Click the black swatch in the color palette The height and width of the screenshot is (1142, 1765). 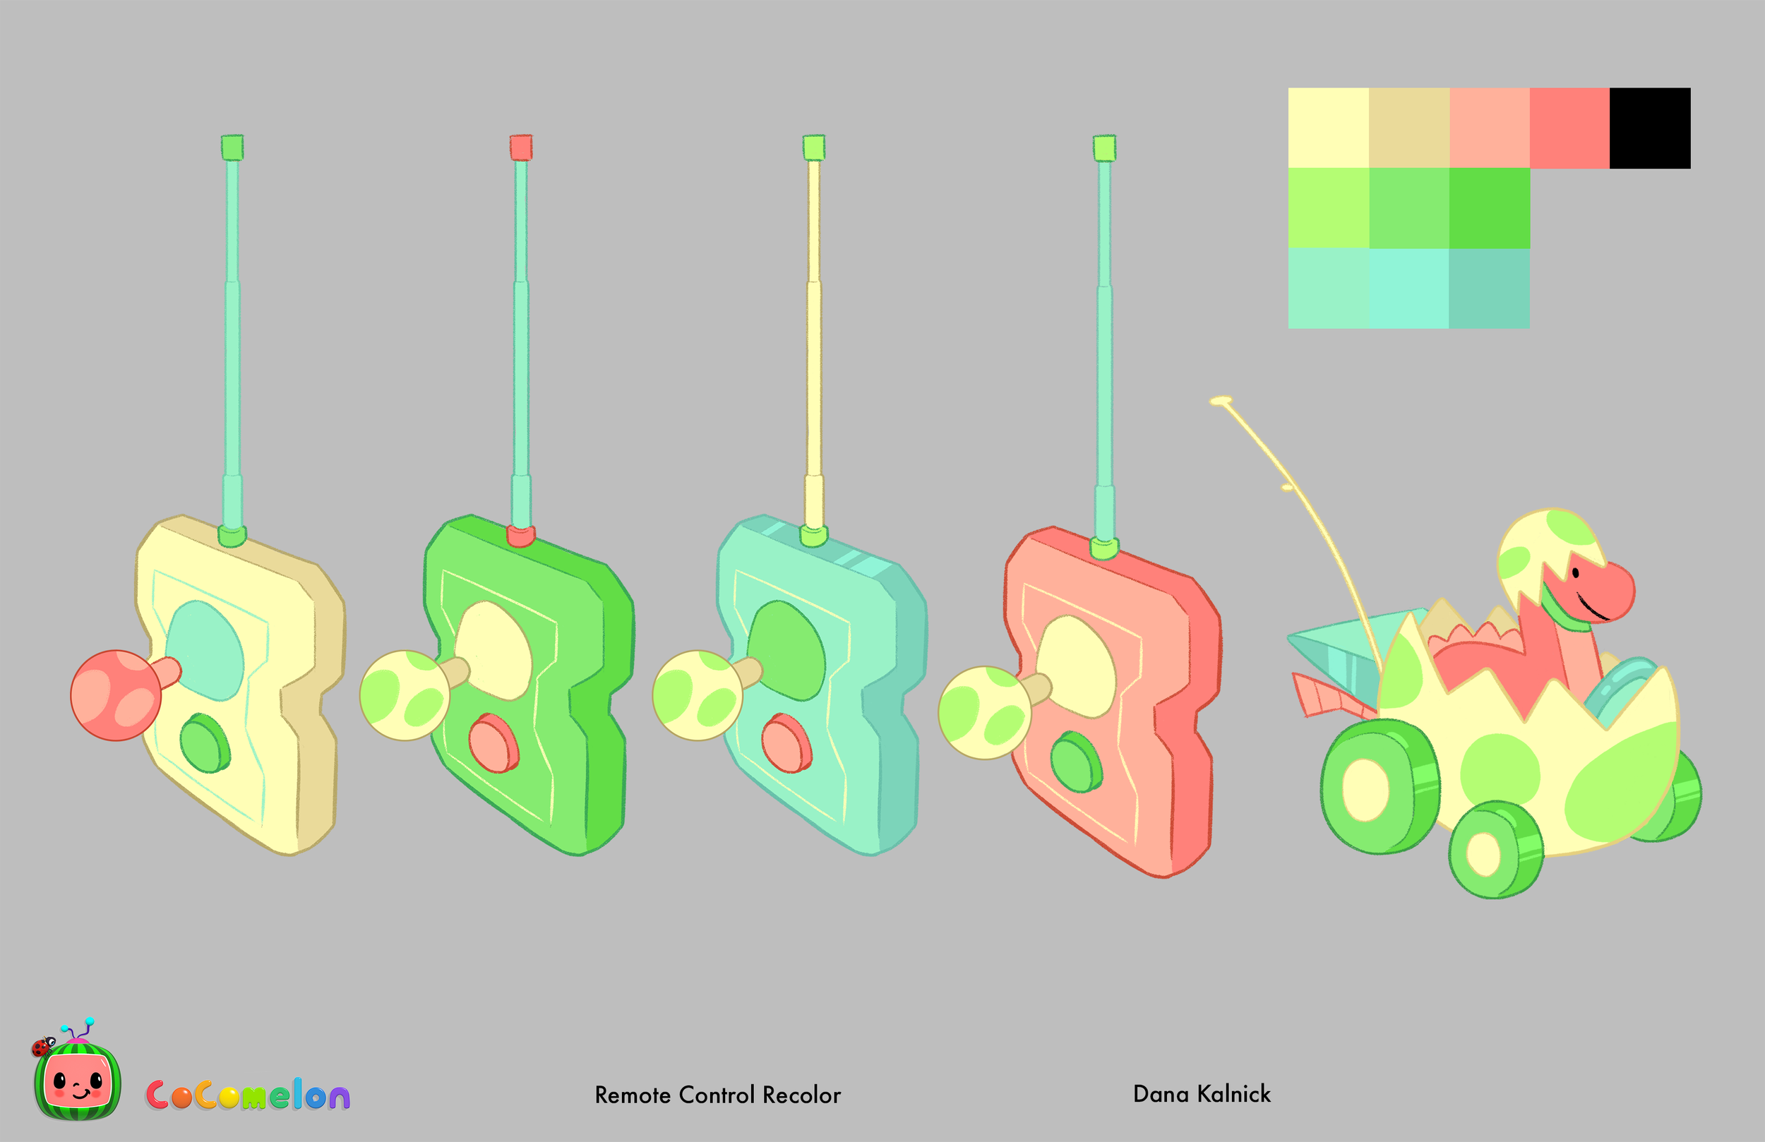tap(1650, 128)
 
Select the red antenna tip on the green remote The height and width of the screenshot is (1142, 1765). tap(521, 147)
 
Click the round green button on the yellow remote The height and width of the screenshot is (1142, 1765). tap(205, 743)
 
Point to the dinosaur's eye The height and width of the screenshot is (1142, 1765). tap(1576, 573)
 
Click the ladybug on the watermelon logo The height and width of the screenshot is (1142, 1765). tap(42, 1046)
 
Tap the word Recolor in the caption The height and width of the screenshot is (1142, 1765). tap(802, 1095)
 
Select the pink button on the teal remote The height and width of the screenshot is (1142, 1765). tap(786, 743)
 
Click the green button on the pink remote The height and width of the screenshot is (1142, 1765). tap(1076, 762)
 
